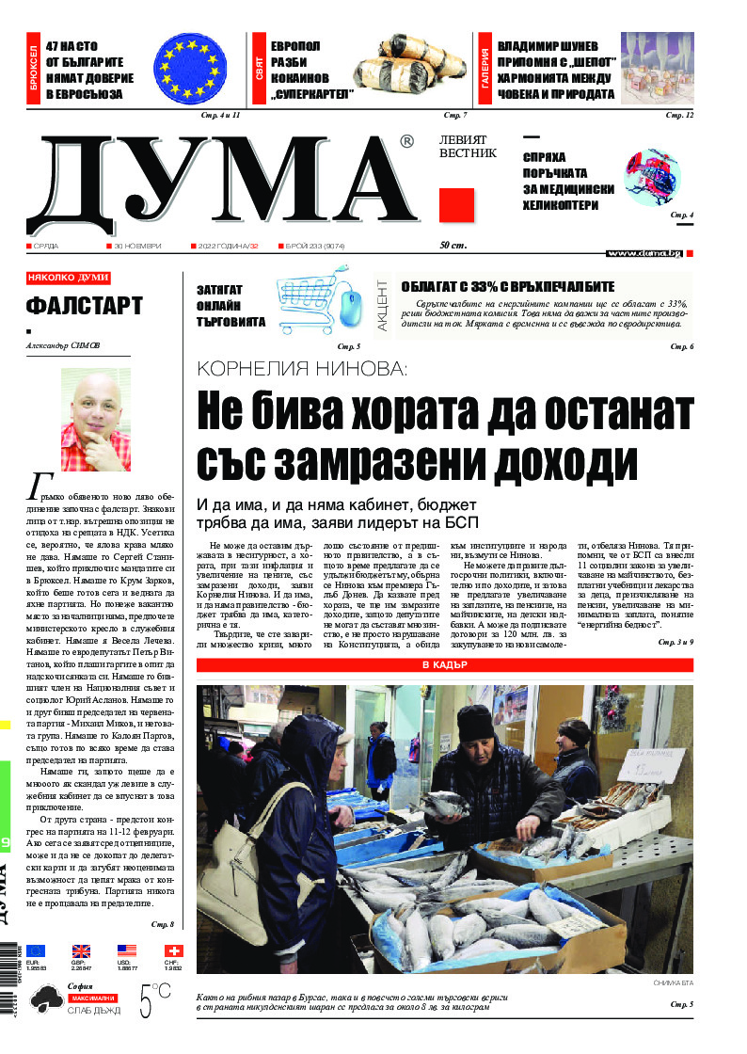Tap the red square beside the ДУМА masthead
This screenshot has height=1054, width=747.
[x=456, y=205]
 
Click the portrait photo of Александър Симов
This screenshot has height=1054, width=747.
[x=96, y=419]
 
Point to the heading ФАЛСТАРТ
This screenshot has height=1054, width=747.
[x=85, y=306]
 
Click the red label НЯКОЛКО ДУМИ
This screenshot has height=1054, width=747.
[x=69, y=278]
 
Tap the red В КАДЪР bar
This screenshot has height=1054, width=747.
[x=445, y=665]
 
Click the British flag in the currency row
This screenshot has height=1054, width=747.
[x=81, y=950]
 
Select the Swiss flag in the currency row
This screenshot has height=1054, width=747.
[x=173, y=950]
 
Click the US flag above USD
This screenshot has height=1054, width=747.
[x=127, y=950]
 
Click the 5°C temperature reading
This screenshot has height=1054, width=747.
[x=155, y=999]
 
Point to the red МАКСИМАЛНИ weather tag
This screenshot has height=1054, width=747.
[x=92, y=998]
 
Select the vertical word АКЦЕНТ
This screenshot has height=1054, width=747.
[x=384, y=303]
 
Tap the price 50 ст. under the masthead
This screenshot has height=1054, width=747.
[x=453, y=246]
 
